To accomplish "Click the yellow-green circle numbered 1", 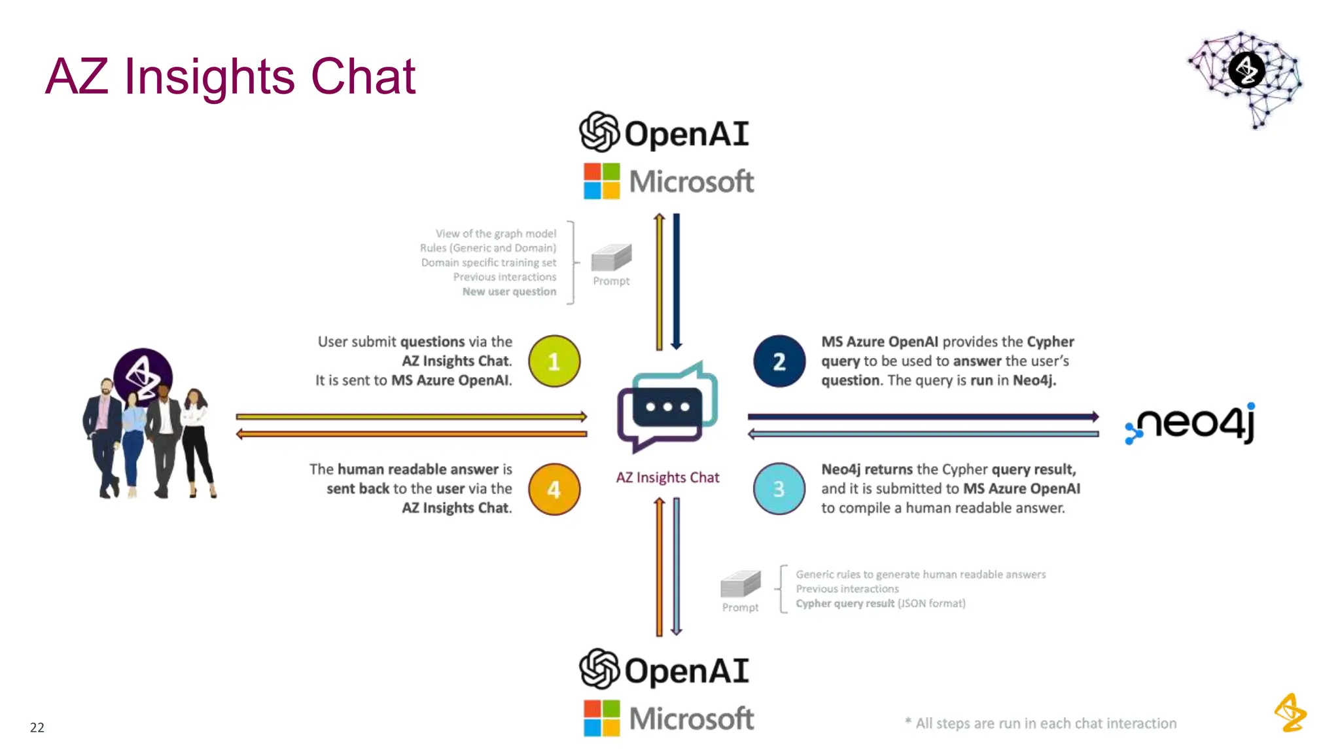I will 554,361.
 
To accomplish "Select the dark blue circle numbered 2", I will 779,361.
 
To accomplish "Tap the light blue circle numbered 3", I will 779,489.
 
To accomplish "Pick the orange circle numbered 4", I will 554,490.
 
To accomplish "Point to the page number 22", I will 37,727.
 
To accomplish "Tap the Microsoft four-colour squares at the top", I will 601,181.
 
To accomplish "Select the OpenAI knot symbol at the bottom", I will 599,669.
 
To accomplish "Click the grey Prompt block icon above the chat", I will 611,257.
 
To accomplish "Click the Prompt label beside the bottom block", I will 740,607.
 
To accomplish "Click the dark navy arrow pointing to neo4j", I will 923,416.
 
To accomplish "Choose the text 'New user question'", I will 509,291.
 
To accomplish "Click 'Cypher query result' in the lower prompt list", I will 845,603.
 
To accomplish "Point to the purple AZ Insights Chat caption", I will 667,477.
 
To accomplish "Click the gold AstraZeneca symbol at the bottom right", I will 1290,712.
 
